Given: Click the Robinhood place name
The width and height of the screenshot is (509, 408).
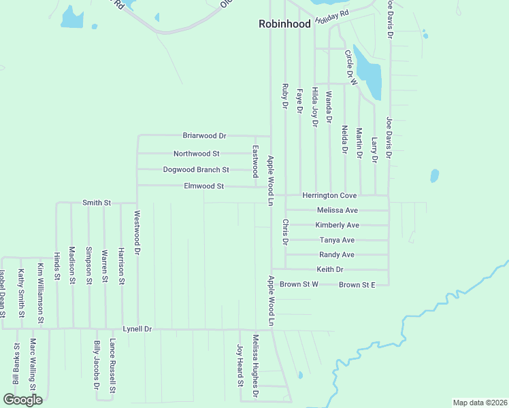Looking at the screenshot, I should coord(284,24).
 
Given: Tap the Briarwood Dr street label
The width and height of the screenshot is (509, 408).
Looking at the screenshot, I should coord(204,135).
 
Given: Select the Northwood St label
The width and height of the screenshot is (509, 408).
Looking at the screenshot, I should coord(196,154).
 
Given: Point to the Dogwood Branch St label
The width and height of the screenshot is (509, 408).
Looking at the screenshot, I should coord(196,169).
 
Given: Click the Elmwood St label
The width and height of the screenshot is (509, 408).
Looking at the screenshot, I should coord(204,186).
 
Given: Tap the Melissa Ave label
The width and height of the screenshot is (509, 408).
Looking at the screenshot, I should coord(338,210).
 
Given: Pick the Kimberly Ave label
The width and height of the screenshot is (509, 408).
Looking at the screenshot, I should coord(337,225).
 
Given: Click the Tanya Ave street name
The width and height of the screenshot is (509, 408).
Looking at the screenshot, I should coord(337,240).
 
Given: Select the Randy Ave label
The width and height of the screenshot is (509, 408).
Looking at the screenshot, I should coord(337,255).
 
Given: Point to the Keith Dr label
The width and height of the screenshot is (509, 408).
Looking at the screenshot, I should coord(330,269).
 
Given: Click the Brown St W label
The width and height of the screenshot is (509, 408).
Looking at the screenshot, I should coord(299,284).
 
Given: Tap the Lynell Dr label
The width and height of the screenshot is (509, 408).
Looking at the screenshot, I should coord(137,328).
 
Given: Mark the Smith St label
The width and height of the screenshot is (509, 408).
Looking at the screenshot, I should coord(96,203).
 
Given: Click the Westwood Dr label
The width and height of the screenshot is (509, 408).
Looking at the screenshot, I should coord(137,232).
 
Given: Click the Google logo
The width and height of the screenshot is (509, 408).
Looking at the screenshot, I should coord(22,400).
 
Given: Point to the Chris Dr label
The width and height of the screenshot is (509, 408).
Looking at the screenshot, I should coord(286,233).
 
